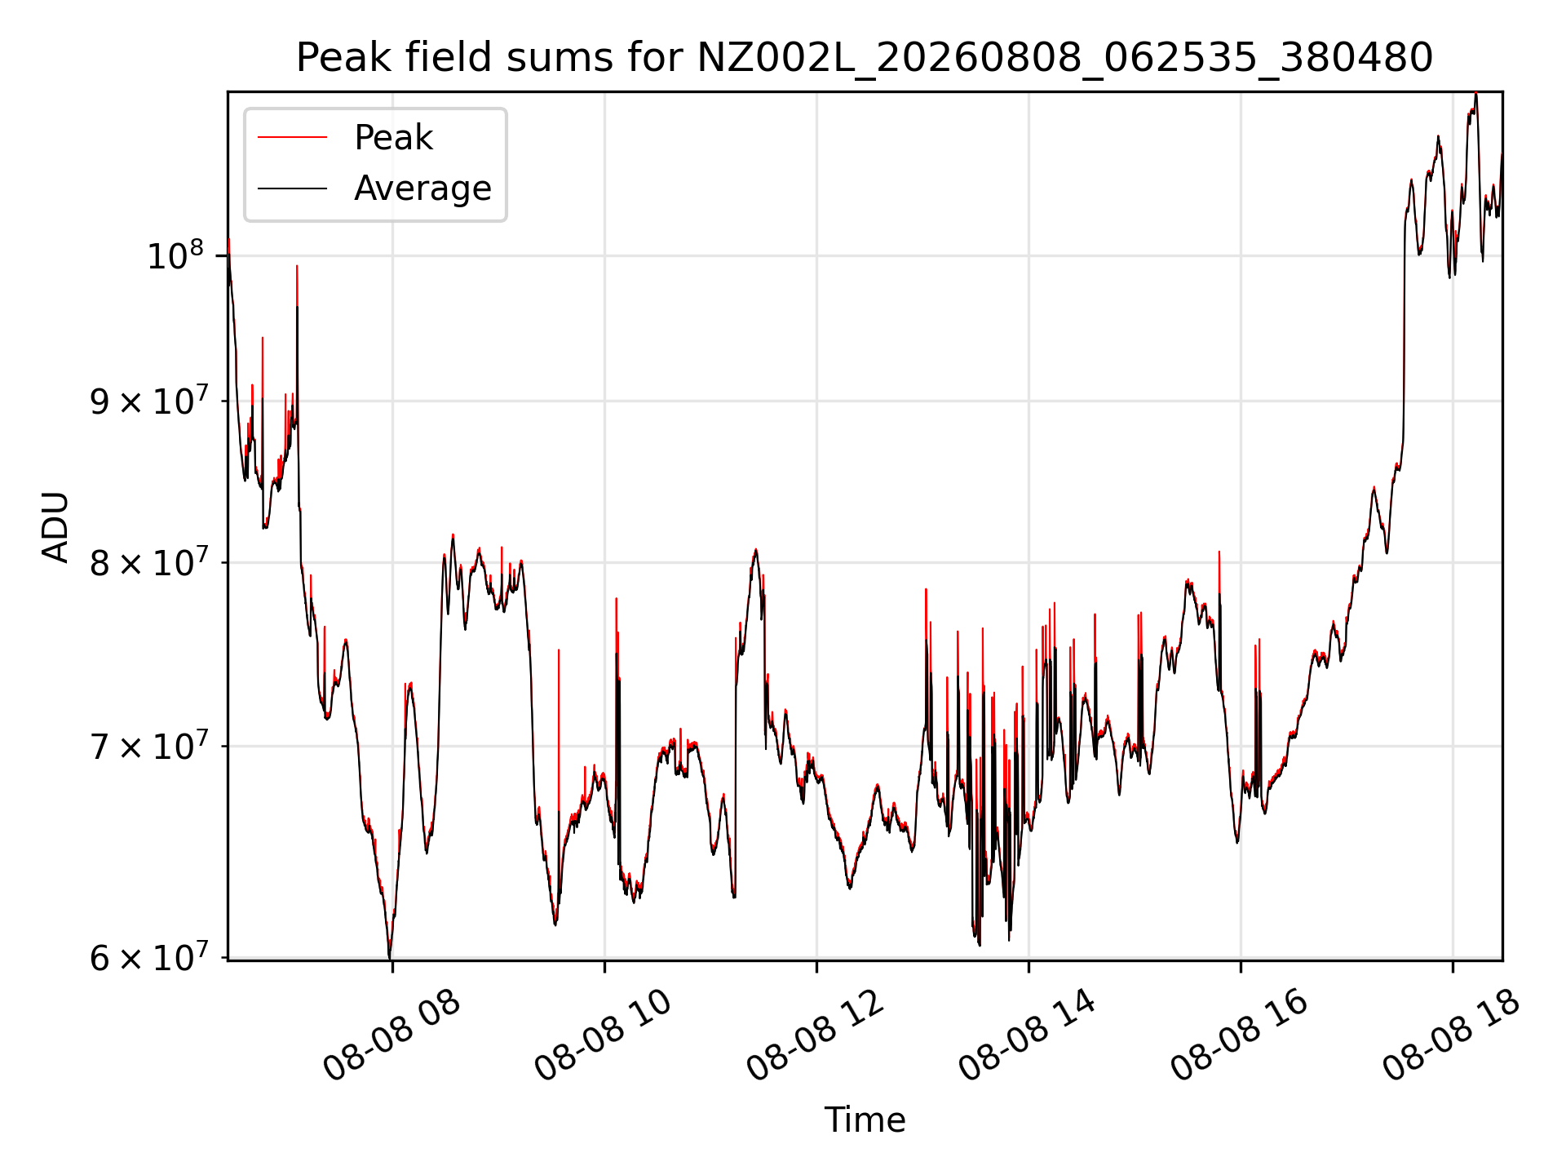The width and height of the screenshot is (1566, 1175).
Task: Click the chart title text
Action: (x=865, y=58)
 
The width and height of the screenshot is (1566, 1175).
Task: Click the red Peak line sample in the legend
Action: (x=292, y=138)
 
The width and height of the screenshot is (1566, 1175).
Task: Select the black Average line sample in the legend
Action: (x=292, y=188)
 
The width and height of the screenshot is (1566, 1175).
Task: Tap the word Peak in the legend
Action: (x=393, y=138)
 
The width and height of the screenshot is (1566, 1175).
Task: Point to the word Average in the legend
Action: (x=422, y=188)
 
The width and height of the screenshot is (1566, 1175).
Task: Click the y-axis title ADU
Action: (x=55, y=526)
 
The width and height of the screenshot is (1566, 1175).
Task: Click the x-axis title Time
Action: (x=865, y=1120)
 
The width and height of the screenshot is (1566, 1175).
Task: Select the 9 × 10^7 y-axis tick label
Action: (x=148, y=400)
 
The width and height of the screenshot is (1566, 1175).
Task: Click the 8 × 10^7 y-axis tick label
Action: (x=148, y=561)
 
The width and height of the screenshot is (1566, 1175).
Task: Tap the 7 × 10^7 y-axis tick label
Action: (x=148, y=745)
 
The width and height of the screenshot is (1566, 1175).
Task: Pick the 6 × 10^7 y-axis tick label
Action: (x=148, y=956)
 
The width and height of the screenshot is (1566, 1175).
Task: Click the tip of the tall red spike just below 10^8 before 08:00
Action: (x=297, y=266)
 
